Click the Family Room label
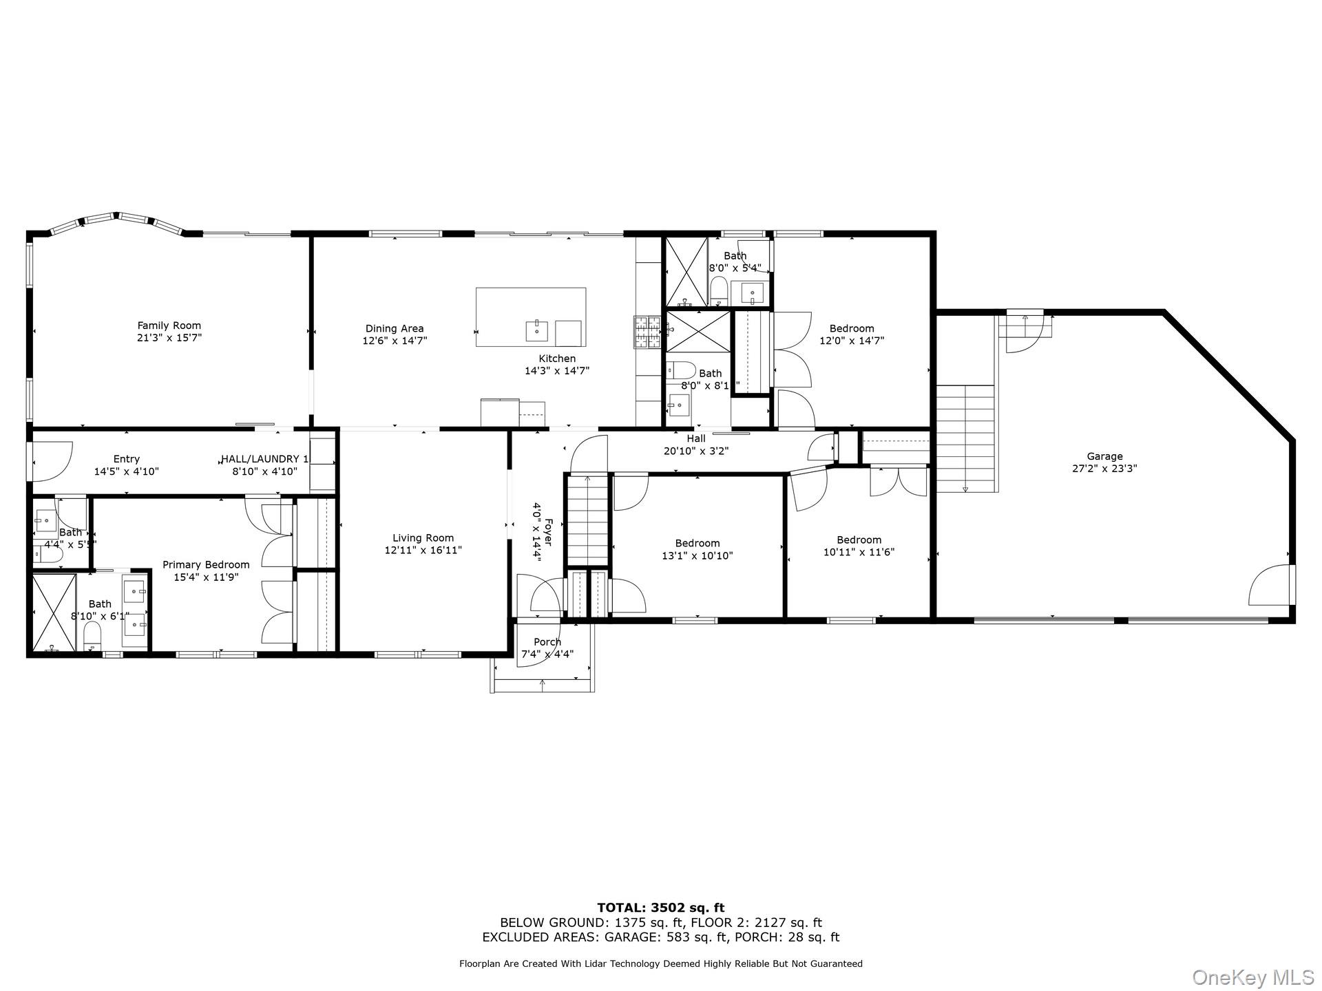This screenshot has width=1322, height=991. coord(169,326)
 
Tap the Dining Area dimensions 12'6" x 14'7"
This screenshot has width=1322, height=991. coord(394,341)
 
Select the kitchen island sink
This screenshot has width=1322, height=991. coord(536,330)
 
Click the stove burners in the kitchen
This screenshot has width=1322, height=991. coord(647,333)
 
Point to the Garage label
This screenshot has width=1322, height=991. coord(1104,456)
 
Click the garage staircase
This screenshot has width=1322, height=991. coord(966,438)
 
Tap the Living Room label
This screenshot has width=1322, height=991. coord(423,538)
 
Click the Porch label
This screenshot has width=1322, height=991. coord(547,642)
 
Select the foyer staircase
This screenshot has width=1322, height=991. coord(587,520)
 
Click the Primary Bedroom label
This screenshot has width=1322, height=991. coord(206,565)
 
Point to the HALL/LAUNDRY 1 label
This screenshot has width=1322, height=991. coord(264,459)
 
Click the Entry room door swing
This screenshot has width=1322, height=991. coord(51,461)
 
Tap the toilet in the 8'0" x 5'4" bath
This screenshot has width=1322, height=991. coord(718,289)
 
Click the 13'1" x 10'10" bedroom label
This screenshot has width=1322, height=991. coord(697,549)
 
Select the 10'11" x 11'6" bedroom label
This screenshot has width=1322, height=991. coord(859,546)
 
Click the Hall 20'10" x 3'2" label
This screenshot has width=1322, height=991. coord(695,445)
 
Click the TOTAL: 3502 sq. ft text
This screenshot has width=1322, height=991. coord(660,908)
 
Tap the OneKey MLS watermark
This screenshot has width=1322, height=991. coord(1252,977)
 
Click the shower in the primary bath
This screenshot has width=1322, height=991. coord(54,612)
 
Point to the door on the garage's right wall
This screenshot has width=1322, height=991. coord(1272,586)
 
